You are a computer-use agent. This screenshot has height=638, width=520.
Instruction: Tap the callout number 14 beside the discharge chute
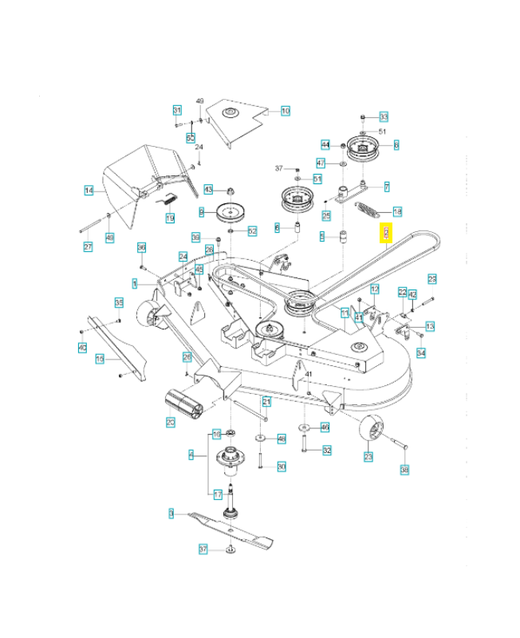[x=89, y=190]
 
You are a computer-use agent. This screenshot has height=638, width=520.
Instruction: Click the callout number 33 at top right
[x=384, y=116]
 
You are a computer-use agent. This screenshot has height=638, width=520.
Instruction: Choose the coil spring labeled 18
[x=368, y=211]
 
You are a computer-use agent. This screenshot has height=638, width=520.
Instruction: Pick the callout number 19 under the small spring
[x=170, y=218]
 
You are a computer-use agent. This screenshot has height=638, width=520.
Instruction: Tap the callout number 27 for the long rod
[x=88, y=247]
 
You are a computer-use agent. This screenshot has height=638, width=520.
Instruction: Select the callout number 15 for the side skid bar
[x=100, y=359]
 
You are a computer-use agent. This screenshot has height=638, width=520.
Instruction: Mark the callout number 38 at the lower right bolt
[x=404, y=471]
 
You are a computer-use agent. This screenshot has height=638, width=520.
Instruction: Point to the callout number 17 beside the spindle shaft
[x=218, y=494]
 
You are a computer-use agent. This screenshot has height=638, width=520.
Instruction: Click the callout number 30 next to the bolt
[x=281, y=467]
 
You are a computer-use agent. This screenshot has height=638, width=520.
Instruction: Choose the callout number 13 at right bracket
[x=430, y=326]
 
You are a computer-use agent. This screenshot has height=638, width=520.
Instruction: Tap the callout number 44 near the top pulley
[x=325, y=144]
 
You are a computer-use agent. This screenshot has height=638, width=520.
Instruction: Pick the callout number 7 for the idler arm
[x=386, y=187]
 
